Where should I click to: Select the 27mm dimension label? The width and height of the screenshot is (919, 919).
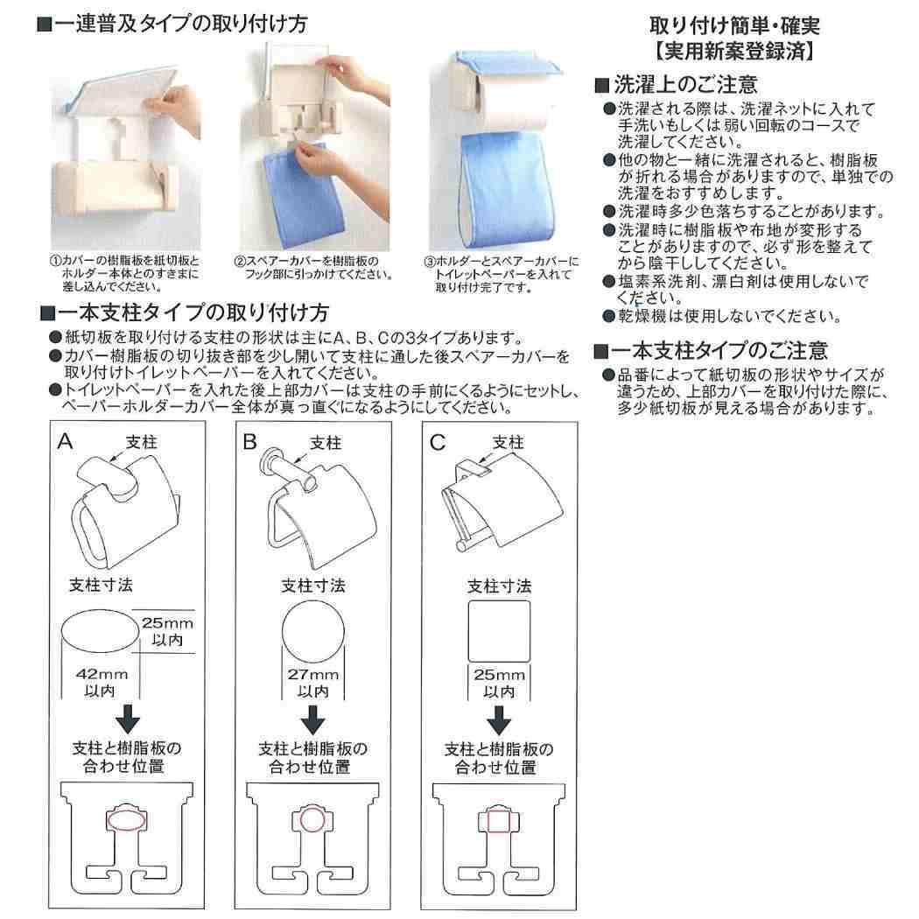pyautogui.click(x=312, y=674)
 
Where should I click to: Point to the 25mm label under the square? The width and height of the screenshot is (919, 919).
pyautogui.click(x=499, y=674)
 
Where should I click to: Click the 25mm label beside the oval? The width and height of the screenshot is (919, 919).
pyautogui.click(x=167, y=623)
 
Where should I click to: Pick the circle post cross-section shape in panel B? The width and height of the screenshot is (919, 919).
pyautogui.click(x=312, y=631)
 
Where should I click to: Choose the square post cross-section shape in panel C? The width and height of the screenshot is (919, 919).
pyautogui.click(x=499, y=631)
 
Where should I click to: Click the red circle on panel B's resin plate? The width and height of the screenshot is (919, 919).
pyautogui.click(x=312, y=821)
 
